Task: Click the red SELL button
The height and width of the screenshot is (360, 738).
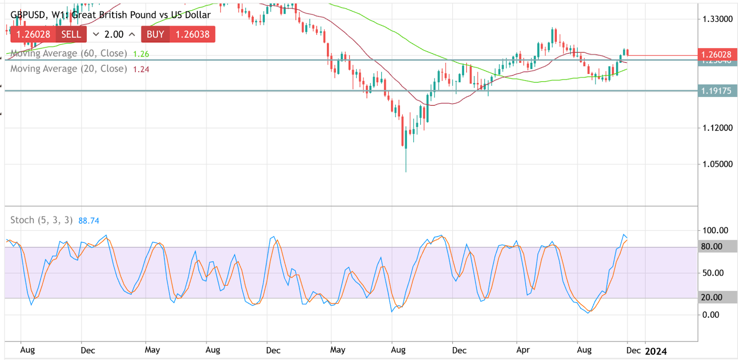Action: [71, 34]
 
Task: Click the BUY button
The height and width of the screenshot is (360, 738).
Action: [155, 34]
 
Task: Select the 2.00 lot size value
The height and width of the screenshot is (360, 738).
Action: [114, 34]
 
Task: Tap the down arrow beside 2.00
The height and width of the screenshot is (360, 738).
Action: [96, 34]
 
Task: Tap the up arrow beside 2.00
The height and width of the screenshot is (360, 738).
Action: [132, 34]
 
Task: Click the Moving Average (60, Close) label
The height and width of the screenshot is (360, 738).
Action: [69, 54]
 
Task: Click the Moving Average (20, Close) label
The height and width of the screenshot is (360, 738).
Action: [69, 69]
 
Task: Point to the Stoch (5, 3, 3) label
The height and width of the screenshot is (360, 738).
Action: [42, 220]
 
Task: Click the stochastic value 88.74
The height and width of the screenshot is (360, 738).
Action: [89, 221]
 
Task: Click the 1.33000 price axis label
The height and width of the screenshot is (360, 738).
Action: [717, 19]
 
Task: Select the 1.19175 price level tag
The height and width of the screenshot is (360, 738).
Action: [716, 91]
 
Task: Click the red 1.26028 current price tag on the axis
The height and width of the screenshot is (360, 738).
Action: [716, 54]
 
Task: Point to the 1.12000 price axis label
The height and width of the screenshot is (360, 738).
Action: [717, 128]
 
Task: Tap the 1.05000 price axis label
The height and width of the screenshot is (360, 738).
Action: [717, 164]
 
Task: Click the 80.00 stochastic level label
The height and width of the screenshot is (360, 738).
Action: [712, 246]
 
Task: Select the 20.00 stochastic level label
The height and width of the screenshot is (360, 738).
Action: [712, 297]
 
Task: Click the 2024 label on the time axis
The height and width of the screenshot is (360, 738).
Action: [656, 351]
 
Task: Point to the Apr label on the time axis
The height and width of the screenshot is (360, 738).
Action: [523, 350]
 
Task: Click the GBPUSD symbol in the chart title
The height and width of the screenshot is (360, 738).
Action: [28, 15]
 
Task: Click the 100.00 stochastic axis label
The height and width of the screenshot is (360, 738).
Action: [715, 230]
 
